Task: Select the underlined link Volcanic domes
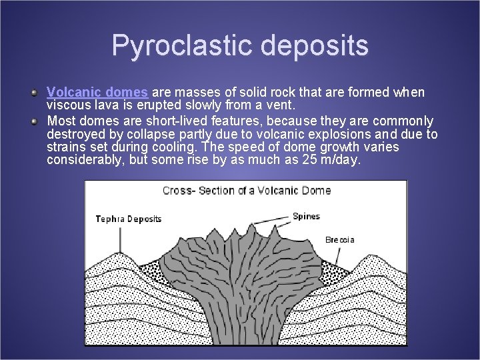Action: (x=97, y=92)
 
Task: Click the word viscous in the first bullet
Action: (x=66, y=105)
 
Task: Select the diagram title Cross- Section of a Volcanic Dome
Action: (x=246, y=191)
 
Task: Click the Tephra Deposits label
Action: (x=128, y=219)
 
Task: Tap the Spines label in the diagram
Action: (x=306, y=216)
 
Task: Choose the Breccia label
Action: (x=339, y=239)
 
